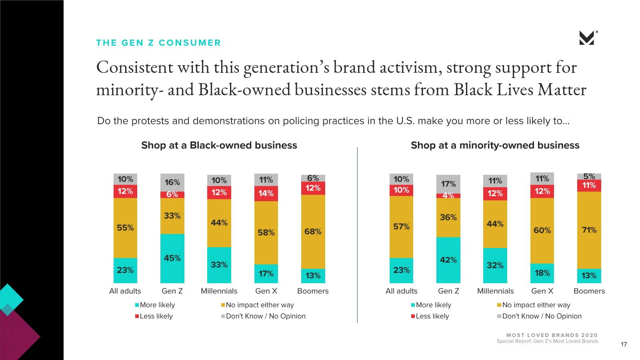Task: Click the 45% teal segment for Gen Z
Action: (172, 258)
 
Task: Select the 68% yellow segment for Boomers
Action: (313, 232)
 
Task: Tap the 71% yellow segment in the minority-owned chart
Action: (589, 230)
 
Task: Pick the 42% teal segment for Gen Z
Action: (448, 260)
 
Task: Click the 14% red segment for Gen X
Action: (266, 194)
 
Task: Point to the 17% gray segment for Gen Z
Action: (448, 184)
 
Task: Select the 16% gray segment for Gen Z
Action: (172, 182)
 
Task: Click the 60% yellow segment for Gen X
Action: (542, 230)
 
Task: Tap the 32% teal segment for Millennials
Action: (495, 265)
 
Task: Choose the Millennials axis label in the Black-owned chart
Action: (219, 291)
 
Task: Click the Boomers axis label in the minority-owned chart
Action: (589, 291)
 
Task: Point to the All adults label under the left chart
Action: (125, 291)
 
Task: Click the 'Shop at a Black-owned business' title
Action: (219, 145)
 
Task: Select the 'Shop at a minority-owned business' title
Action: (495, 145)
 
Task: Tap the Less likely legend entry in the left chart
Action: (156, 316)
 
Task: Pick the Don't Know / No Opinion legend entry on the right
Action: (542, 316)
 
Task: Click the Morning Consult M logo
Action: (587, 38)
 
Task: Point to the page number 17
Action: (624, 344)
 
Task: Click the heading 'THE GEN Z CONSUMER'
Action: (158, 43)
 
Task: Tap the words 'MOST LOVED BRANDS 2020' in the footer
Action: (552, 335)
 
